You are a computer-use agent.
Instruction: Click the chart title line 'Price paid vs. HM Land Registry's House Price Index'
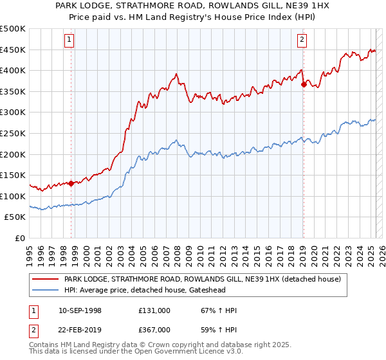coord(192,18)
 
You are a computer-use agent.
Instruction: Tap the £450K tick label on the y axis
coord(13,50)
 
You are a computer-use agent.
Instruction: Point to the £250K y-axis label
coord(13,133)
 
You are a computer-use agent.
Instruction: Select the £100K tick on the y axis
coord(13,196)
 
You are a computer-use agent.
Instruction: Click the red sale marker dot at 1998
coord(71,183)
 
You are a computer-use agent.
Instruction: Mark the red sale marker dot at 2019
coord(304,84)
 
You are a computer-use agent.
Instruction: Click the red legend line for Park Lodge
coord(45,279)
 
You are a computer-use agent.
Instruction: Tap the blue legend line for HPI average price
coord(45,291)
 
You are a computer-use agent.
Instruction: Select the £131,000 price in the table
coord(154,310)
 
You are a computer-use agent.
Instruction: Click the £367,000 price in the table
coord(154,329)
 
